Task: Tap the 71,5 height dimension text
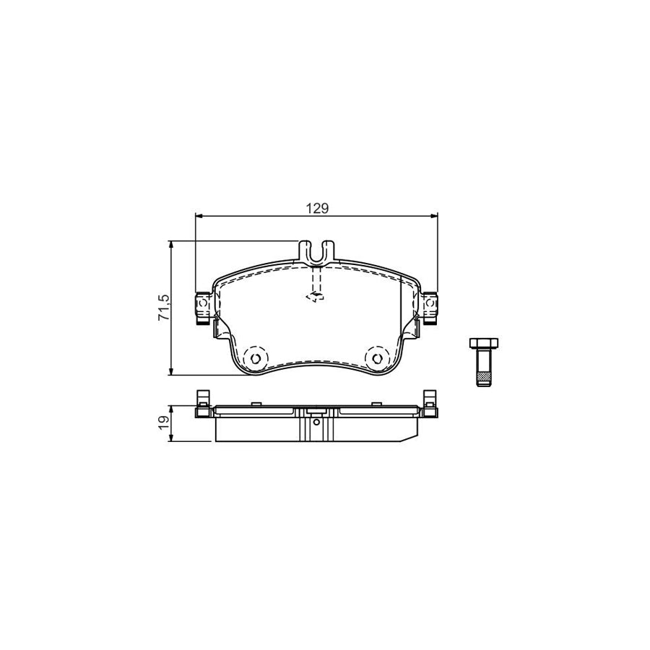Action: tap(163, 308)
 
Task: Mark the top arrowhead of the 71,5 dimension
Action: tap(172, 244)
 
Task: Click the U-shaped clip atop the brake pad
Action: tap(316, 251)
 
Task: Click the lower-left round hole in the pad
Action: tap(254, 357)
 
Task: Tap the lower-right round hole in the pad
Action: tap(377, 357)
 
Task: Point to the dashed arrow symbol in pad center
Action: tap(315, 295)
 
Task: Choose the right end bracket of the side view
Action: tap(430, 404)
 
